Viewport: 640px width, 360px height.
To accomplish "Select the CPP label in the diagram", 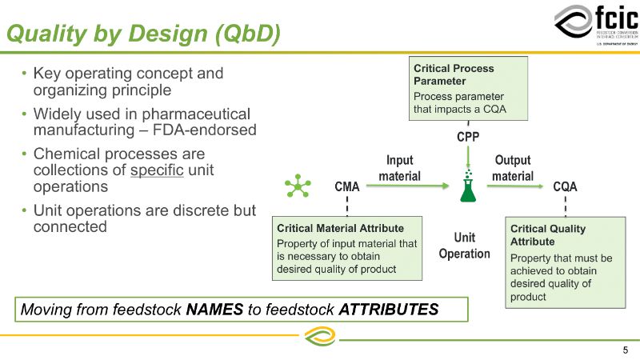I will pos(468,137).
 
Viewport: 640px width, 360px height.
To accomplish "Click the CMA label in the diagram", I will pos(346,187).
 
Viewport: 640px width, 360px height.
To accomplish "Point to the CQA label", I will pos(565,187).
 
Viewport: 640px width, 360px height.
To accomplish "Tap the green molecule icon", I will pos(298,187).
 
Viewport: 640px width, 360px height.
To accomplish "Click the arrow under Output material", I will pos(513,186).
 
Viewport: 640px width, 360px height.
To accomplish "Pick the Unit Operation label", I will pos(464,246).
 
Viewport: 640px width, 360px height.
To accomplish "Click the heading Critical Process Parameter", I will pos(454,74).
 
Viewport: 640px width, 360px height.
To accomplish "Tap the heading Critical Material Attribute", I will pos(340,228).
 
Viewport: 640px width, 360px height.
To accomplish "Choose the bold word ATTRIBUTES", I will pos(388,309).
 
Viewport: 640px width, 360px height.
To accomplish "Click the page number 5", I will pos(625,350).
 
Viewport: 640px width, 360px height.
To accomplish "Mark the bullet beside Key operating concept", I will pos(25,74).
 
